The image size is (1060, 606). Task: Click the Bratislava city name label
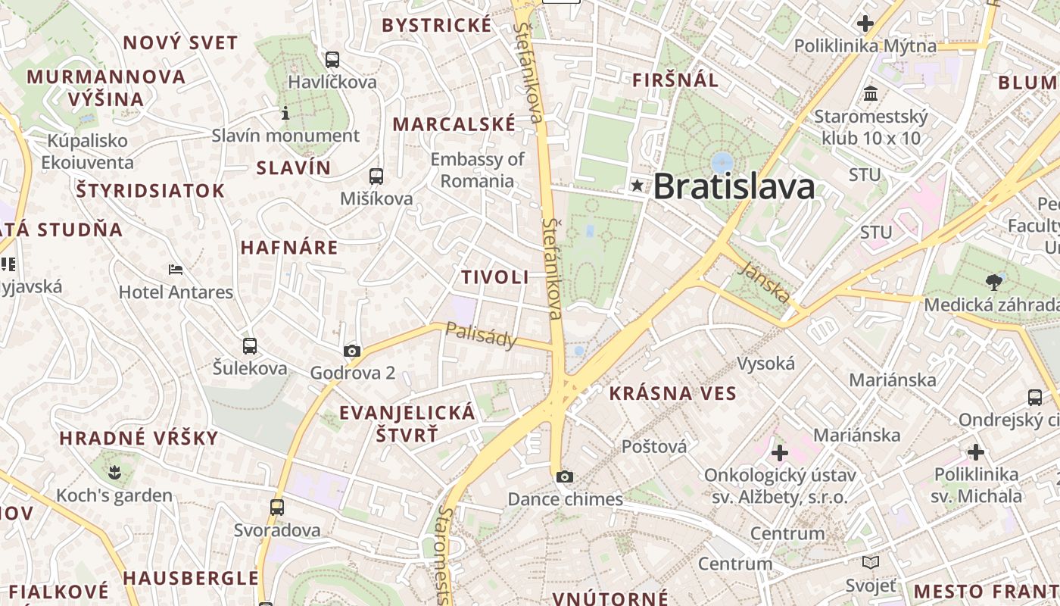point(734,186)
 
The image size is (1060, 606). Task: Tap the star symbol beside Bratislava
point(638,186)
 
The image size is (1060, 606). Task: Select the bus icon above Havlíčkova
point(332,60)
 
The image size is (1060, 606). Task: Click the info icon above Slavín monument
point(285,114)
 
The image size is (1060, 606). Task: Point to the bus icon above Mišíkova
point(376,176)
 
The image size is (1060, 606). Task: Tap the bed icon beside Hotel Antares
point(176,270)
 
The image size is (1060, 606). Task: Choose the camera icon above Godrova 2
point(352,351)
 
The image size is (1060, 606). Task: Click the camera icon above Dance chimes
point(564,476)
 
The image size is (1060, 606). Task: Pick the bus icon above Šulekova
point(250,346)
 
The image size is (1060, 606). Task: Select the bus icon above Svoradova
point(277,508)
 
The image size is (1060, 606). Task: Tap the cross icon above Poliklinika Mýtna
point(865,23)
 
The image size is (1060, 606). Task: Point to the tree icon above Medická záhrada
point(994,283)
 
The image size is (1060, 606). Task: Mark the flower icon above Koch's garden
point(114,474)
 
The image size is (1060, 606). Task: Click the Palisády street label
point(481,334)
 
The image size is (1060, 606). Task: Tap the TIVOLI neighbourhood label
point(495,277)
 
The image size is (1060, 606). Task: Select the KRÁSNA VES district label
point(672,393)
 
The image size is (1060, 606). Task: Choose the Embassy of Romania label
point(477,170)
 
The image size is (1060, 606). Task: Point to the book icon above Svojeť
point(871,563)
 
